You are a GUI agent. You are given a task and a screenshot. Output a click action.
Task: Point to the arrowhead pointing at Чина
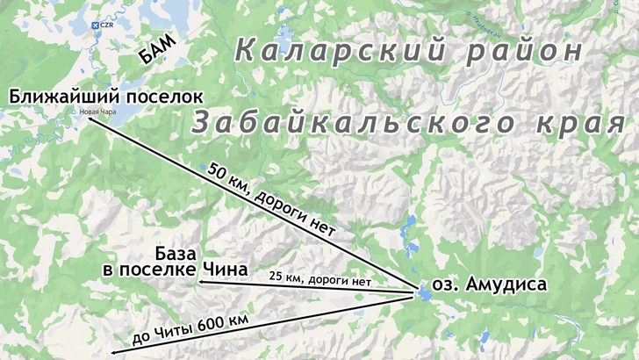click(x=199, y=283)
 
